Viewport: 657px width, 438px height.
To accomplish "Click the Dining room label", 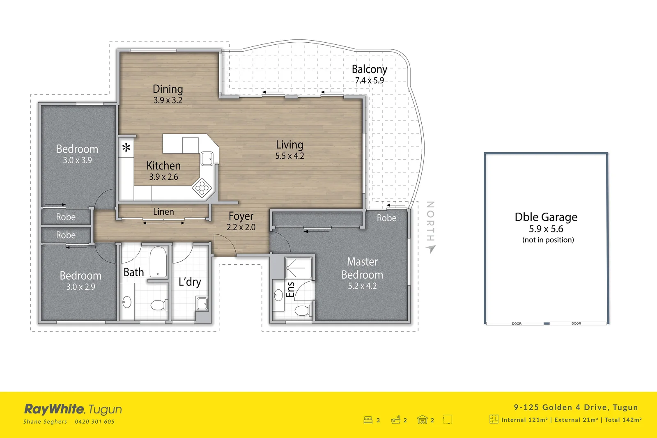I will [168, 89].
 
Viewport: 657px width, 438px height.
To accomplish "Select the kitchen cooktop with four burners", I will [202, 188].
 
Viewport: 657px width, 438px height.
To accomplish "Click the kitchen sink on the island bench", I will [207, 158].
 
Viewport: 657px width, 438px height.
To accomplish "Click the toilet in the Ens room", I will [303, 311].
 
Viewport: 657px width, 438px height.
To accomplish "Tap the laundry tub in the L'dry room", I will [202, 304].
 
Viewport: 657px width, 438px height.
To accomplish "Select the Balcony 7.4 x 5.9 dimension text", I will [369, 80].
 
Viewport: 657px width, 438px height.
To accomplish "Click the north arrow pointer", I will [430, 249].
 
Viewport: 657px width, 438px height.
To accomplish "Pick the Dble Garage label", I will [546, 217].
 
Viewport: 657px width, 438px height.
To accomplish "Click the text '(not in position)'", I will [548, 240].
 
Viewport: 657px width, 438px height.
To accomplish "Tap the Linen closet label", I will [163, 212].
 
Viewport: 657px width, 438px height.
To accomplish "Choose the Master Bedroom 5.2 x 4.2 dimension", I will [362, 286].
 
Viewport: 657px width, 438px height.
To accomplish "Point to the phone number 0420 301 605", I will [94, 422].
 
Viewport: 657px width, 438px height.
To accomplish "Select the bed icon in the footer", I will [368, 420].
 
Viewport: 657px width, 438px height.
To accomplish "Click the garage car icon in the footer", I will [422, 420].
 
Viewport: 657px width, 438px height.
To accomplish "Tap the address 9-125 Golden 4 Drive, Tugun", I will [576, 407].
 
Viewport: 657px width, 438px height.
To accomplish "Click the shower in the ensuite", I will [298, 268].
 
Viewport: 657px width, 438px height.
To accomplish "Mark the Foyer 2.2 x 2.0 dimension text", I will [241, 227].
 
